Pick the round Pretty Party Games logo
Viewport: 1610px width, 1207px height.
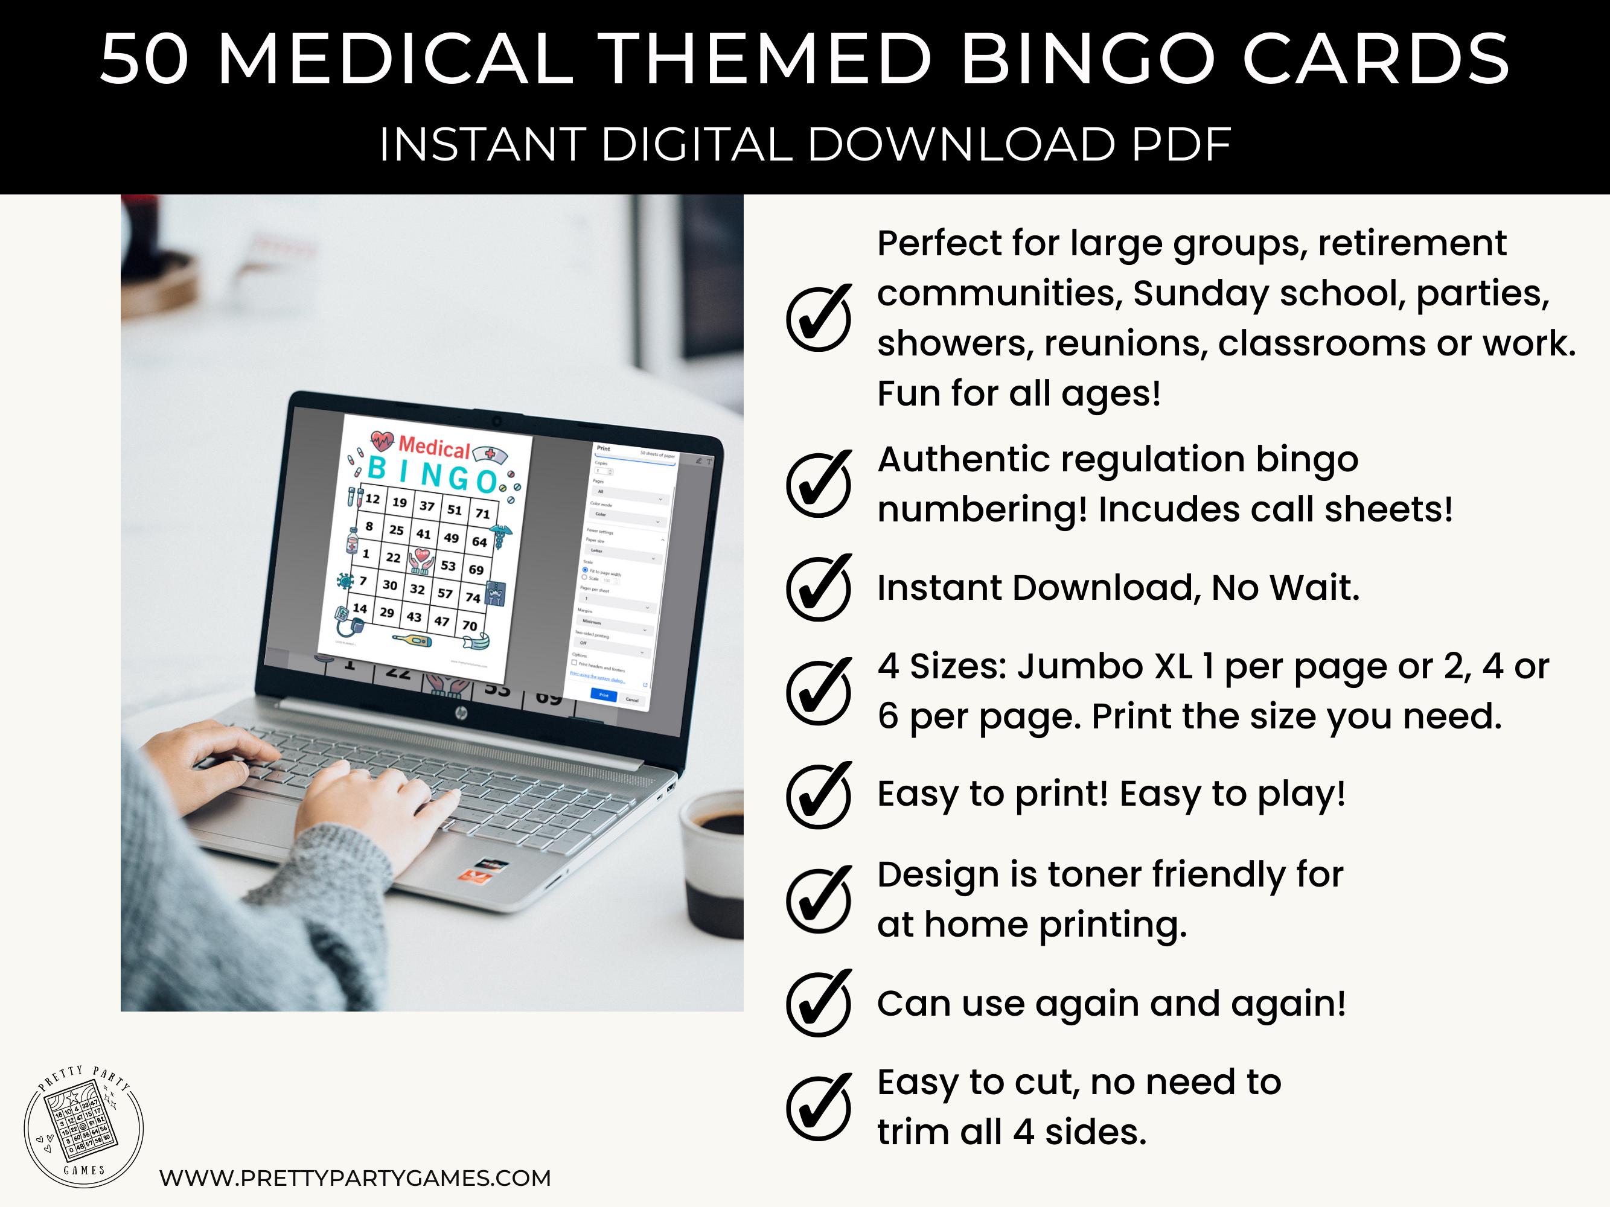[84, 1128]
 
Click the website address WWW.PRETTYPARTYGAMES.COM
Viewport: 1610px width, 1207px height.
[355, 1178]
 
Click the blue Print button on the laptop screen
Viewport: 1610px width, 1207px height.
[604, 695]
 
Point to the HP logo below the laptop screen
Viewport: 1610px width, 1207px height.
[461, 715]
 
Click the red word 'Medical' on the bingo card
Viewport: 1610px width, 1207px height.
[435, 447]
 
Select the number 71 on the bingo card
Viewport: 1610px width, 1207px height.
[482, 514]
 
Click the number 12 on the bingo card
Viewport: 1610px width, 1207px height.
[372, 499]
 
